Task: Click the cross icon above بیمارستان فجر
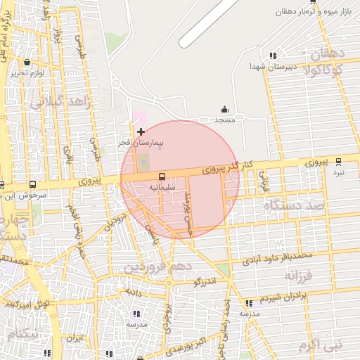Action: pyautogui.click(x=141, y=131)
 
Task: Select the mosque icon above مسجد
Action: pyautogui.click(x=224, y=109)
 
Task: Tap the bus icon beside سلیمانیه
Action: pyautogui.click(x=162, y=176)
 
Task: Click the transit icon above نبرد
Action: pyautogui.click(x=339, y=161)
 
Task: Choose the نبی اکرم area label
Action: pyautogui.click(x=319, y=345)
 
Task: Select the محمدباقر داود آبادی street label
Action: pyautogui.click(x=276, y=257)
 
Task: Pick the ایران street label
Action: pyautogui.click(x=75, y=337)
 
